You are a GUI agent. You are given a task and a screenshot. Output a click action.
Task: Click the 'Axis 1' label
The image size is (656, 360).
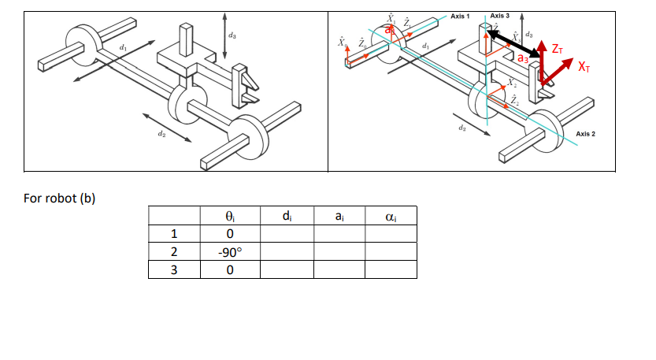[x=461, y=17]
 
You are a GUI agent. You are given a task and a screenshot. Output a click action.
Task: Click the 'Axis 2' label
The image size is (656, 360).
[x=590, y=134]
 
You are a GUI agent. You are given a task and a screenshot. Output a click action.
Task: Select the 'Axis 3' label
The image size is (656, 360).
[x=500, y=17]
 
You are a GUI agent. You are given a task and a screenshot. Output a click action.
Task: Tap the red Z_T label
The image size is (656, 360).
[x=557, y=50]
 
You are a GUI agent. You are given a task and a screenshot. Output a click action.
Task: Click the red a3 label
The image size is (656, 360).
[x=524, y=58]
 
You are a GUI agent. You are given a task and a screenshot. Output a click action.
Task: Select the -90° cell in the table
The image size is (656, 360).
[x=228, y=251]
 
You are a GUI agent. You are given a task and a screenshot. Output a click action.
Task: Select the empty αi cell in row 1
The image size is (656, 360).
[x=391, y=234]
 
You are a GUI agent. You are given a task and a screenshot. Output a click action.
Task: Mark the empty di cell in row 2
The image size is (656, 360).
[x=287, y=251]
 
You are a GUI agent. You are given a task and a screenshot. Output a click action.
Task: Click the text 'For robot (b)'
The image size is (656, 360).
[x=59, y=198]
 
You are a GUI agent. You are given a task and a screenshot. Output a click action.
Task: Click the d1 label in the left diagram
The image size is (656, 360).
[x=123, y=50]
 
